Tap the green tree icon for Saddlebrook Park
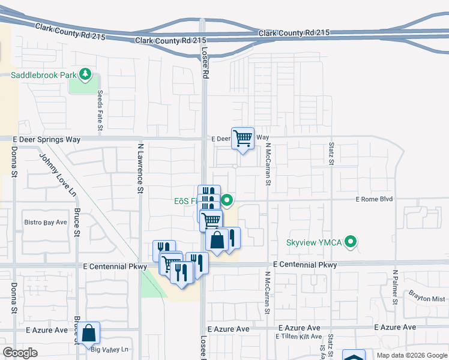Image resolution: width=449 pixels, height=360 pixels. pyautogui.click(x=85, y=74)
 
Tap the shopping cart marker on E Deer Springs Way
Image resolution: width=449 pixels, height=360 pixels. pyautogui.click(x=243, y=138)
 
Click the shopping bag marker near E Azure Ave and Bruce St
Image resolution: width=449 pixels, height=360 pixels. pyautogui.click(x=88, y=332)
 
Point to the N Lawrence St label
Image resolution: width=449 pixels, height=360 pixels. pyautogui.click(x=140, y=168)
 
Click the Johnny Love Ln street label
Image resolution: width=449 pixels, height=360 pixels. pyautogui.click(x=58, y=175)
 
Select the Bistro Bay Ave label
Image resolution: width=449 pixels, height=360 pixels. pyautogui.click(x=46, y=222)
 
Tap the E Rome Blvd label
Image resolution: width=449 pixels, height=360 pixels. pyautogui.click(x=374, y=199)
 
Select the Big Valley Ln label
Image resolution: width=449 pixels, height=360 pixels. pyautogui.click(x=110, y=349)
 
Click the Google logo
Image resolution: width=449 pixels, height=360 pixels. pyautogui.click(x=20, y=353)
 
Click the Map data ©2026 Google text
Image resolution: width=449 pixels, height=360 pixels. pyautogui.click(x=411, y=355)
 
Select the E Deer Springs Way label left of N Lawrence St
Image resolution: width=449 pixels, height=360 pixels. pyautogui.click(x=46, y=139)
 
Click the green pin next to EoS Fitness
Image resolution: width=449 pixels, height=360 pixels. pyautogui.click(x=227, y=200)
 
